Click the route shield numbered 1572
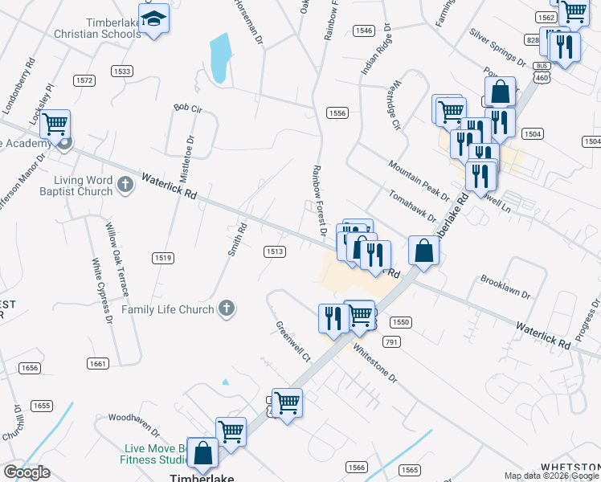tap(84, 80)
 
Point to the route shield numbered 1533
tap(122, 71)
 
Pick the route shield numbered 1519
tap(163, 257)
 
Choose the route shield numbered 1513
tap(275, 251)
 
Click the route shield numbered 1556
tap(337, 113)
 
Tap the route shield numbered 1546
tap(363, 31)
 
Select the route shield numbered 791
tap(391, 342)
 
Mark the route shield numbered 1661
tap(98, 364)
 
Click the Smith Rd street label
tap(235, 239)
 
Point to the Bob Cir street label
tap(186, 107)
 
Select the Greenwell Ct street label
tap(292, 342)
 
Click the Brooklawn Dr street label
tap(505, 288)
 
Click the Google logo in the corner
tap(27, 472)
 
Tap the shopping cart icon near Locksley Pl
tap(55, 125)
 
